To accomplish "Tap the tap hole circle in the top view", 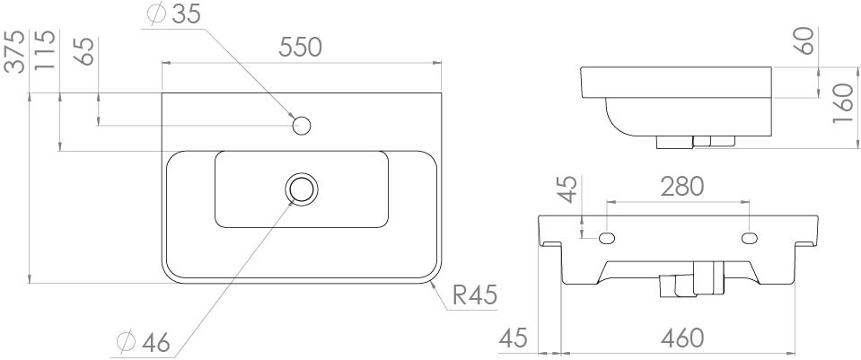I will pos(302,125).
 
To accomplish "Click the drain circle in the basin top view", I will pos(302,189).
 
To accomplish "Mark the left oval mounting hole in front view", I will pos(607,238).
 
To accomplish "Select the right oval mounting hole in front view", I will pos(749,238).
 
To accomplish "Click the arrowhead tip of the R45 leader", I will pos(432,280).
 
